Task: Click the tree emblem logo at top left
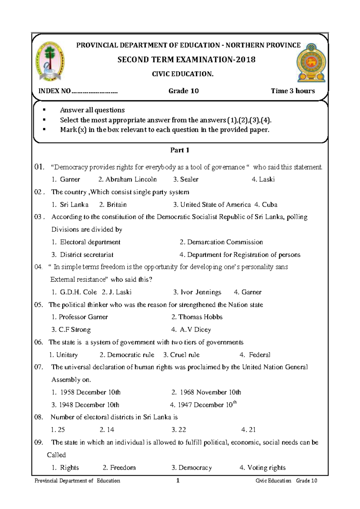click(49, 62)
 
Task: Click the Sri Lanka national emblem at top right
click(311, 62)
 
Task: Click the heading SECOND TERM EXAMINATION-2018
click(186, 59)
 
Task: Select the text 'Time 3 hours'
click(293, 91)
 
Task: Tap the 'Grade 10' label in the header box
click(183, 91)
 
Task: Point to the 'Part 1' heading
click(180, 150)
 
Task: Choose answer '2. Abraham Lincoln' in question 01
click(127, 179)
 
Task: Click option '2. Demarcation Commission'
click(221, 242)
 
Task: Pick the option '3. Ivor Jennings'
click(197, 292)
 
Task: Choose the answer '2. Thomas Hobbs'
click(197, 317)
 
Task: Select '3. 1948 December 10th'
click(85, 405)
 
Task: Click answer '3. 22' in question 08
click(179, 430)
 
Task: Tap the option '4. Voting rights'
click(262, 468)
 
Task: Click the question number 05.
click(39, 305)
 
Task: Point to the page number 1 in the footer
click(178, 480)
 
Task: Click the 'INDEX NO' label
click(54, 91)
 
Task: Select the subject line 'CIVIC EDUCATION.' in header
click(183, 74)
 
